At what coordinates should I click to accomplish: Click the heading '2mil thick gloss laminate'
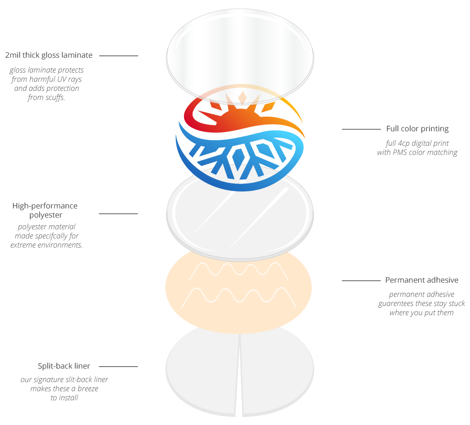coord(49,55)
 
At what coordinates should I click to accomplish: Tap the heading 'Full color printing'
coord(417,129)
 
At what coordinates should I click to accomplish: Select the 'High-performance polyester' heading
coord(45,210)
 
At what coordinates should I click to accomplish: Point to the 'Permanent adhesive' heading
coord(422,280)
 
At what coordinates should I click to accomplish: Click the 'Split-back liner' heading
coord(64,366)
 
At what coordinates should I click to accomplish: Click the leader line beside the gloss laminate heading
coord(119,56)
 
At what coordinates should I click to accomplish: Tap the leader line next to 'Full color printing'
coord(361,129)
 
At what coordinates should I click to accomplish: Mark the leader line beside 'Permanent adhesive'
coord(361,281)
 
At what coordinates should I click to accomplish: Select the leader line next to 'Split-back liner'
coord(119,366)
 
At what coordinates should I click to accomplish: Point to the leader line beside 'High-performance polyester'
coord(119,214)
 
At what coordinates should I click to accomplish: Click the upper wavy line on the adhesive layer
coord(239,269)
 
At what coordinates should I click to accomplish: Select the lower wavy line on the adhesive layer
coord(239,295)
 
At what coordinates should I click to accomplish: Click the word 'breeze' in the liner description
coord(88,389)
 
